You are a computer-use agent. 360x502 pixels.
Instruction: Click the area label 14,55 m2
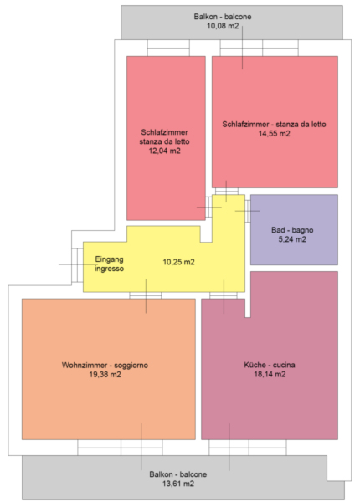click(274, 134)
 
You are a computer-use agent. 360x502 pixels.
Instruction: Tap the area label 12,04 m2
click(164, 151)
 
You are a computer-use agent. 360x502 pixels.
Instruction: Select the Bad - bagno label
click(292, 230)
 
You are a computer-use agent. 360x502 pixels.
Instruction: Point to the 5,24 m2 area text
click(292, 239)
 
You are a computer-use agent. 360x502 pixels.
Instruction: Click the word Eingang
click(109, 259)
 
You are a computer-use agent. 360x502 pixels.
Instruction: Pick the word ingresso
click(109, 269)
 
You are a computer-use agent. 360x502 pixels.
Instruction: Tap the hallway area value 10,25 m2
click(178, 262)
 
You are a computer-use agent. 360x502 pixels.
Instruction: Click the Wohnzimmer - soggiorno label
click(105, 366)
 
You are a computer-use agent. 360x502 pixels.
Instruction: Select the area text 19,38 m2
click(105, 375)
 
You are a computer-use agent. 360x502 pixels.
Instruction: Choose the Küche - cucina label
click(270, 365)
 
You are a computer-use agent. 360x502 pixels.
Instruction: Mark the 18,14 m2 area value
click(270, 374)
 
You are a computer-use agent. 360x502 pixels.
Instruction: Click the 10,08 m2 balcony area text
click(223, 26)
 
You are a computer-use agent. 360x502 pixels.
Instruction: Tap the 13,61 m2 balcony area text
click(178, 484)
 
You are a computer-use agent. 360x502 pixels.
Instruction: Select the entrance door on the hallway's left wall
click(77, 265)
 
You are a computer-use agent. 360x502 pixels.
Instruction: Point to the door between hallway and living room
click(146, 295)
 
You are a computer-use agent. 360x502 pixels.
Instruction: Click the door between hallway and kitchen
click(224, 295)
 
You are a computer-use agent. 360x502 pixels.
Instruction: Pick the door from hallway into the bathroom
click(248, 211)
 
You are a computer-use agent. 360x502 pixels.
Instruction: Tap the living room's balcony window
click(120, 448)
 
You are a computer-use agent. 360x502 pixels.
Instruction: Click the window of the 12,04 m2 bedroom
click(168, 48)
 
